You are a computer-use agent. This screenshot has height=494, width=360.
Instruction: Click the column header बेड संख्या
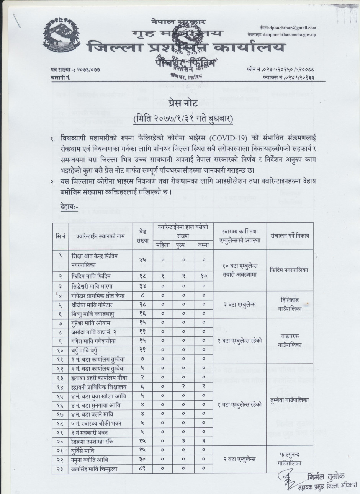(142, 236)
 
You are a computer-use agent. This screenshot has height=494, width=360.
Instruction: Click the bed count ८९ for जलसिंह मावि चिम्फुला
(142, 469)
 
